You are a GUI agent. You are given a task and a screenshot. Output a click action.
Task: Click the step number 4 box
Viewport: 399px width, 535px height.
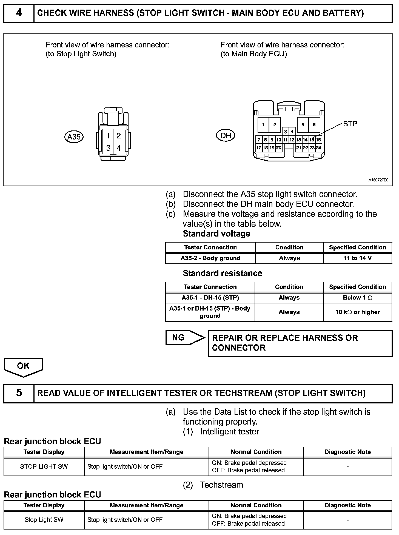click(x=19, y=13)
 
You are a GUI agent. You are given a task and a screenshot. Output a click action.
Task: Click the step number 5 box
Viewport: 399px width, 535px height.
click(x=19, y=393)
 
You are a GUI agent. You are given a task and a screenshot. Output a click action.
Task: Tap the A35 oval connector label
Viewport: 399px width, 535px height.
click(x=74, y=136)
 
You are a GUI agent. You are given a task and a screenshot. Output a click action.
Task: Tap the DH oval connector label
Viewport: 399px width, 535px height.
click(x=226, y=135)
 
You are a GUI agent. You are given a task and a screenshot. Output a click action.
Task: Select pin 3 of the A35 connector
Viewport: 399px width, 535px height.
click(x=108, y=148)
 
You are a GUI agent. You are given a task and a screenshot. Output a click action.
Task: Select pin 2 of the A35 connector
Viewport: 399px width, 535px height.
click(x=119, y=136)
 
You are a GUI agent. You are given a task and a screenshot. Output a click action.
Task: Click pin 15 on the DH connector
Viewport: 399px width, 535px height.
click(x=312, y=140)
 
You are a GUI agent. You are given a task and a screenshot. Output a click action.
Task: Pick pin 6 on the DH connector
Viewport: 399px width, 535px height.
click(x=314, y=125)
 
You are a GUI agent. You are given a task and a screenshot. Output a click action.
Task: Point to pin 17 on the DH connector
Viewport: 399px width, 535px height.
click(x=258, y=148)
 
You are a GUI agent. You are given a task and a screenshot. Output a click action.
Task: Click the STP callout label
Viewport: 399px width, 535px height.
click(x=350, y=124)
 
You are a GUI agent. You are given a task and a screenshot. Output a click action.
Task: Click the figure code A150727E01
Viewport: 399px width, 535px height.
click(x=379, y=180)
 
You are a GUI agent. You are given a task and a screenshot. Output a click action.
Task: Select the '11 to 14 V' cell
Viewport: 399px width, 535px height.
click(x=357, y=258)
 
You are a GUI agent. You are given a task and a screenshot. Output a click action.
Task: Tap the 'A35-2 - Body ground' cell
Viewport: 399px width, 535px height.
click(x=210, y=258)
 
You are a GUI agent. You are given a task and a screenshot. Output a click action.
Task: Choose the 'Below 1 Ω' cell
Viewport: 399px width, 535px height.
click(x=357, y=298)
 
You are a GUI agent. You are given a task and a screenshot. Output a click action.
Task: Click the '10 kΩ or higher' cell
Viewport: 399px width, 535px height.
click(x=357, y=312)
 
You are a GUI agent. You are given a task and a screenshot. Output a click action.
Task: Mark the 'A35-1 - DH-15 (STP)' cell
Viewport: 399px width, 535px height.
click(x=210, y=298)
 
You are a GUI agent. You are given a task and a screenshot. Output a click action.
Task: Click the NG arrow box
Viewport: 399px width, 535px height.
click(x=185, y=338)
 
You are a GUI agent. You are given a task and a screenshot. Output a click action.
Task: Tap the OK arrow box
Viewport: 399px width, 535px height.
click(x=23, y=366)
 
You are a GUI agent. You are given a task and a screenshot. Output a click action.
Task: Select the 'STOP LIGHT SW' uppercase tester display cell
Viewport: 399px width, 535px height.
click(x=44, y=466)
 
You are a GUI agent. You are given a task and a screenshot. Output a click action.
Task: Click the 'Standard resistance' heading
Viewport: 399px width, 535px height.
click(x=222, y=273)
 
